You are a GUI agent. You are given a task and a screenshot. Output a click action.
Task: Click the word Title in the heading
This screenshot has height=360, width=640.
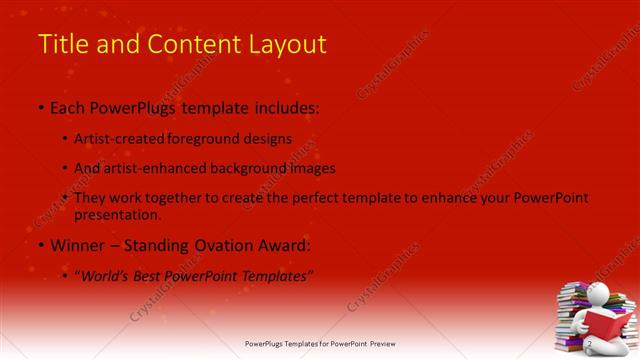61,44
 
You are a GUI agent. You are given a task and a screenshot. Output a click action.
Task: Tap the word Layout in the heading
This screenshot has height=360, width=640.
289,44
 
